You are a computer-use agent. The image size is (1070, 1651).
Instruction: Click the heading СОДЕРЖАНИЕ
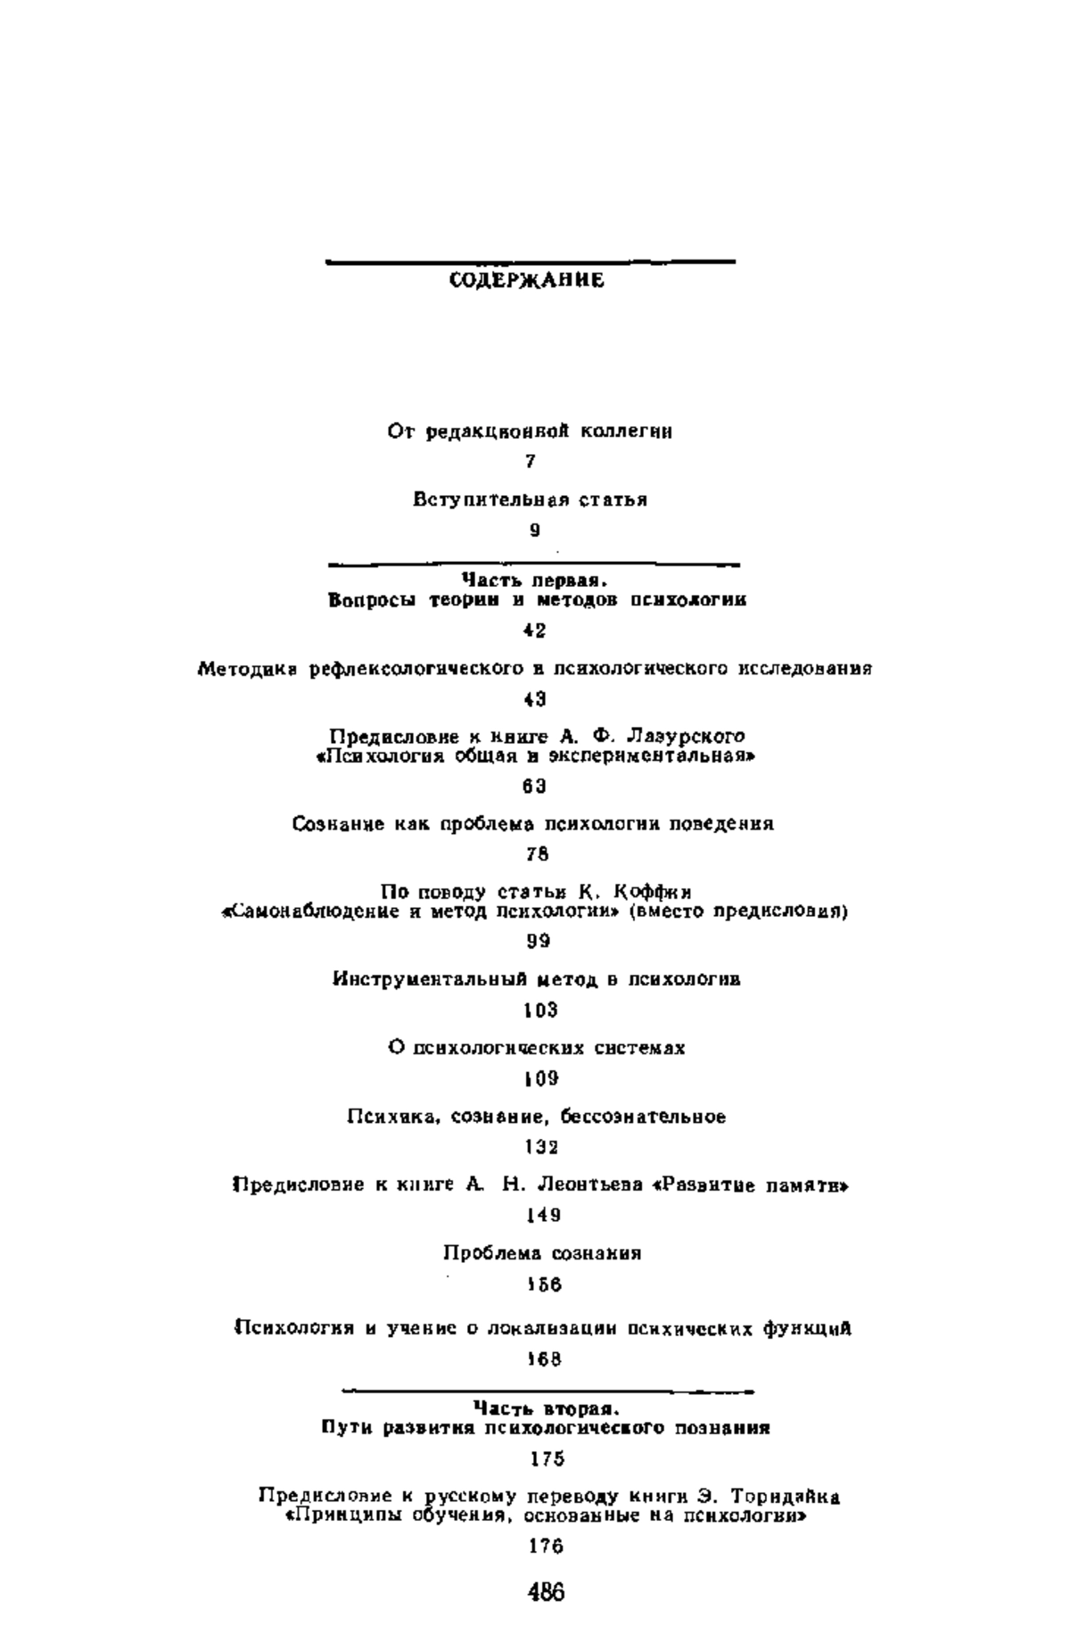(x=526, y=281)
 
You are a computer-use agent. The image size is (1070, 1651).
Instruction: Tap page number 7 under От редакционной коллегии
(x=531, y=462)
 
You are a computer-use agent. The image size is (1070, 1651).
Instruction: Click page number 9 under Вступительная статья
(x=535, y=530)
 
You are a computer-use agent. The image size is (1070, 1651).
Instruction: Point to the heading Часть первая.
(x=536, y=581)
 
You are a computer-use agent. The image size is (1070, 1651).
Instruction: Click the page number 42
(x=535, y=631)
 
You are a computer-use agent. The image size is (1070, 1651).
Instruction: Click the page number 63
(x=535, y=786)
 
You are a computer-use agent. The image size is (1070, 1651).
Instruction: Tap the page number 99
(x=538, y=941)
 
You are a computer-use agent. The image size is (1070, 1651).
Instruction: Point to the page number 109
(x=541, y=1078)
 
